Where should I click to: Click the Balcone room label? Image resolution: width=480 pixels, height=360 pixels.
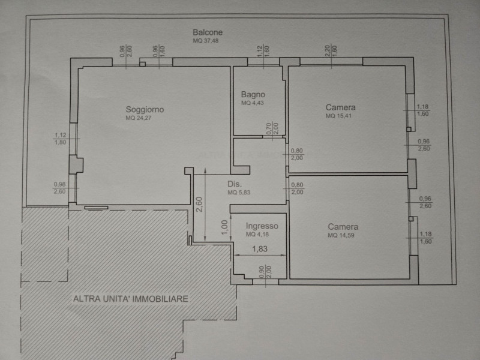208,32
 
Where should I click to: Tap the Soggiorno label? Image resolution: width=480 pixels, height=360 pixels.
145,109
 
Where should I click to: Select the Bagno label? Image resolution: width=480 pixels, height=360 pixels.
253,94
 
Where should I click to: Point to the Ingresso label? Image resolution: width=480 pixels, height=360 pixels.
262,226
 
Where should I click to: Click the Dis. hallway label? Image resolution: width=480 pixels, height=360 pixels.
235,184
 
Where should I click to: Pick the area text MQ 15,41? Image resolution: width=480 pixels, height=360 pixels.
338,116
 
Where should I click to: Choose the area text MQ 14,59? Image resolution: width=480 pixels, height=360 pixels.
341,235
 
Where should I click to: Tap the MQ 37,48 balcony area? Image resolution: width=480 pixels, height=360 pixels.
205,41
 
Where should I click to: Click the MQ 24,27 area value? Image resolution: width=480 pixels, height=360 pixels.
139,118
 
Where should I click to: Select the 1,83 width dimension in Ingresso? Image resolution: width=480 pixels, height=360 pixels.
260,249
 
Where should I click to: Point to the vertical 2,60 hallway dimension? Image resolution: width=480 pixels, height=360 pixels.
199,204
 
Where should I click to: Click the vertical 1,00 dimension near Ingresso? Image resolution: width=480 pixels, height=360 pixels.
224,227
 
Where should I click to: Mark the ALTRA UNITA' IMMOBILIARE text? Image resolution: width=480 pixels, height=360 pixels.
131,299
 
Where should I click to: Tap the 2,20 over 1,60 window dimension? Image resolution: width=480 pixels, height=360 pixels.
331,51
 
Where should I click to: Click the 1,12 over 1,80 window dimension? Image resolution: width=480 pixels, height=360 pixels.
61,139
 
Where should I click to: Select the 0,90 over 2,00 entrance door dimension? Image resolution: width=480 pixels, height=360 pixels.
265,272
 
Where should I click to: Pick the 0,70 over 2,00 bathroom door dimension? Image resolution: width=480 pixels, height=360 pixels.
272,128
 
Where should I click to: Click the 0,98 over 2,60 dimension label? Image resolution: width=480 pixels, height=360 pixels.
59,188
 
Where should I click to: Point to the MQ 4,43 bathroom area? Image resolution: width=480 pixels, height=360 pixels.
252,103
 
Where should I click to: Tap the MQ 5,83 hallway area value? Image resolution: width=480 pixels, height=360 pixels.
239,193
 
